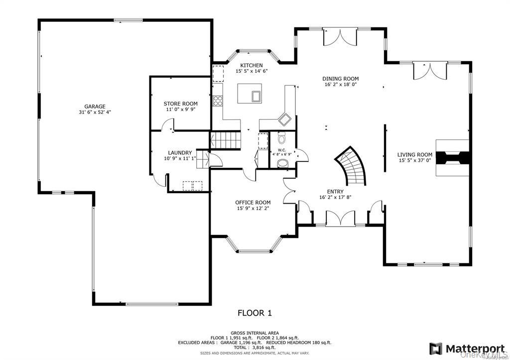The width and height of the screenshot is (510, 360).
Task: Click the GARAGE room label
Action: [95, 106]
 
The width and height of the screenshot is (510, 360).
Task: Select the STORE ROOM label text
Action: [181, 104]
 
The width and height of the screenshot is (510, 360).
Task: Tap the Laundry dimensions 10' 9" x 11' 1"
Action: [180, 158]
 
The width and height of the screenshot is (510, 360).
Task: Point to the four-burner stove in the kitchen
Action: [218, 101]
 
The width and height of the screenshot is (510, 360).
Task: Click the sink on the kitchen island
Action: [256, 96]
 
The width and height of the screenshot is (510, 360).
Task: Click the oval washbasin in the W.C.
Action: [282, 162]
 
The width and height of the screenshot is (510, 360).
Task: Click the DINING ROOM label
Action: [340, 79]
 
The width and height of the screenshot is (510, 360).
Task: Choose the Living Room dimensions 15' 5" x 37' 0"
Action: [415, 161]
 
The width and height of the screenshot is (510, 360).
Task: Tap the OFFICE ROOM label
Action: [253, 202]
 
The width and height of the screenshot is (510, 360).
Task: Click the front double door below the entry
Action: [341, 218]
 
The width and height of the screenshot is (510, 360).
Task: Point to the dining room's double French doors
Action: [340, 37]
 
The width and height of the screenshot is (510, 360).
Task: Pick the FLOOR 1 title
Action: [255, 313]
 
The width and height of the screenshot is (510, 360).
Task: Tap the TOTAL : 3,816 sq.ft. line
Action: [255, 348]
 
